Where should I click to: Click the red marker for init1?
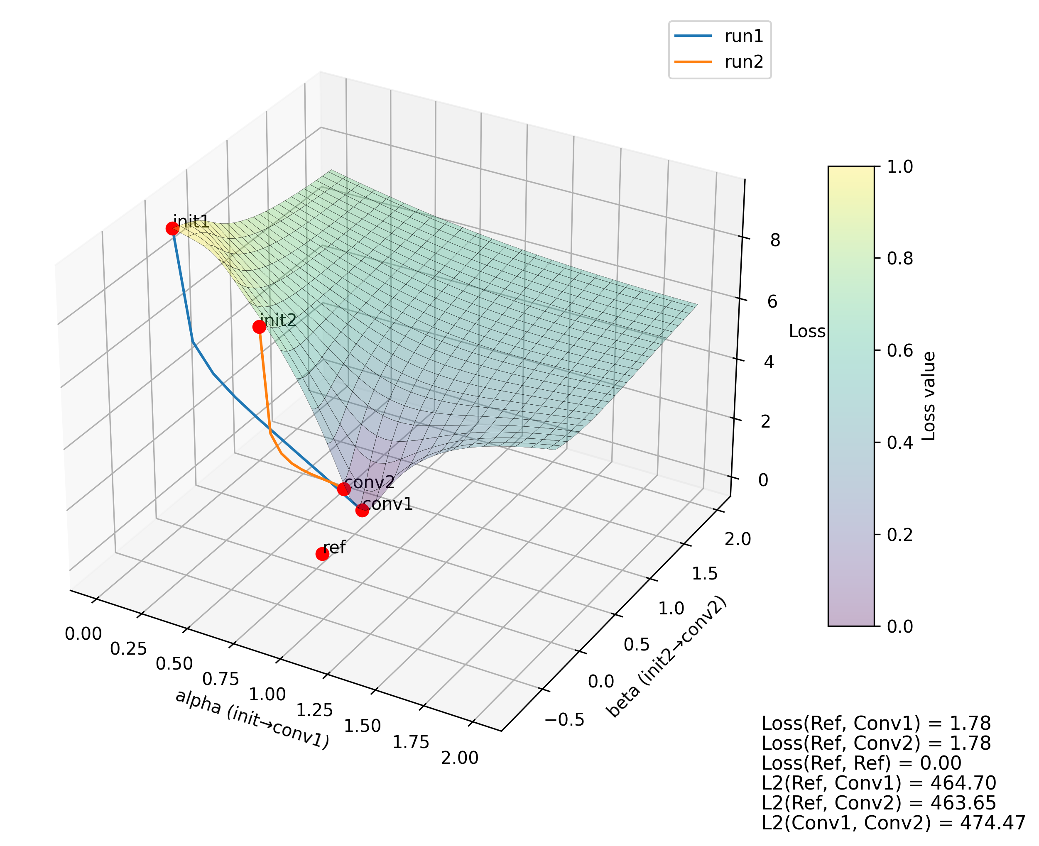172,228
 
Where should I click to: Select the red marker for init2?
259,327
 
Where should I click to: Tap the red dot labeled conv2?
344,489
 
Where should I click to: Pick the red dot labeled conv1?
362,510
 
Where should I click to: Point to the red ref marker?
322,554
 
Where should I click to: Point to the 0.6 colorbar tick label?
899,350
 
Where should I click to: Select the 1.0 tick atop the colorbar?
899,166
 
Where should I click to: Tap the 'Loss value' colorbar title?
929,396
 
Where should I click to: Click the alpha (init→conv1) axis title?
252,719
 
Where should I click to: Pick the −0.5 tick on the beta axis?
564,719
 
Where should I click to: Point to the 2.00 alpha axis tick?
459,758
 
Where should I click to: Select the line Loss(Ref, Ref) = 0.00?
861,763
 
